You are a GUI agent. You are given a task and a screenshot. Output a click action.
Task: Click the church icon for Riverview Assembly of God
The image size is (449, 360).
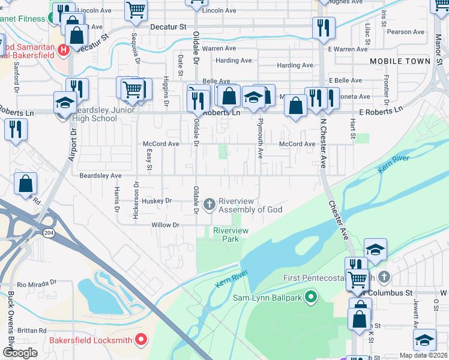click(x=209, y=205)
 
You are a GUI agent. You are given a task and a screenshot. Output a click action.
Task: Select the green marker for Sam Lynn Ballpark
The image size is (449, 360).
click(x=310, y=296)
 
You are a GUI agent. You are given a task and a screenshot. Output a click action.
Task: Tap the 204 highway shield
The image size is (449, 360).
click(x=47, y=232)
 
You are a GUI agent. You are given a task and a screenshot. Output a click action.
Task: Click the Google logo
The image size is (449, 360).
click(x=20, y=353)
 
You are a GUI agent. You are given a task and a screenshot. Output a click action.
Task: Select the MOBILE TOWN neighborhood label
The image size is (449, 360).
click(x=400, y=61)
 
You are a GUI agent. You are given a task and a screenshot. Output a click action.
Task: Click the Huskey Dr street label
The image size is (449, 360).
click(x=158, y=200)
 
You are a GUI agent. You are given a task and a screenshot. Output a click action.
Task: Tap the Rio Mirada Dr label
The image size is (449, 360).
click(x=37, y=283)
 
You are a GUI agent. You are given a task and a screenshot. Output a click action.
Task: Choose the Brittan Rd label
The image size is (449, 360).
click(x=31, y=331)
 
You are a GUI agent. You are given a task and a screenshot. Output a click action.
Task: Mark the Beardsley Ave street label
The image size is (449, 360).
click(x=100, y=176)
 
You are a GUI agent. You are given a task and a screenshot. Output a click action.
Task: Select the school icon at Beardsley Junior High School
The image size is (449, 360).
click(x=65, y=102)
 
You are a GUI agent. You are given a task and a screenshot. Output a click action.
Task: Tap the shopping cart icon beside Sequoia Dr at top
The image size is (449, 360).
click(x=136, y=10)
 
